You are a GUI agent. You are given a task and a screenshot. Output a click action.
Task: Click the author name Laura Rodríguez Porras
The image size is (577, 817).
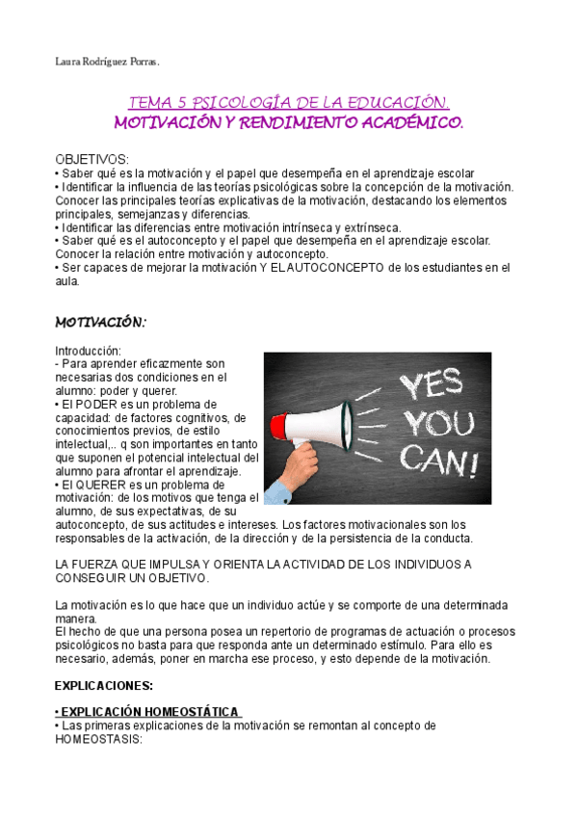(x=106, y=63)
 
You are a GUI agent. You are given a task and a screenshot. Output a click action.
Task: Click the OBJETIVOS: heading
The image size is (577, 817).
(x=91, y=158)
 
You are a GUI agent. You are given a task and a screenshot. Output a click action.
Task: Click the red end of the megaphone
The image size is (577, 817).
(x=279, y=425)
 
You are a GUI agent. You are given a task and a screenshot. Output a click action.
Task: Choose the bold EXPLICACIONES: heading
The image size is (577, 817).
(x=104, y=685)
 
